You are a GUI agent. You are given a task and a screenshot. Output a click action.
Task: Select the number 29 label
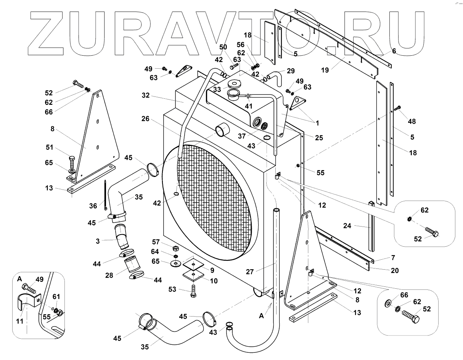(291, 71)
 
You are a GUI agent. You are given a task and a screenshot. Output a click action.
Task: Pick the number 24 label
(347, 225)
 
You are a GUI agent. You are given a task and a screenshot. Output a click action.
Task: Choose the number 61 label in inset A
(56, 296)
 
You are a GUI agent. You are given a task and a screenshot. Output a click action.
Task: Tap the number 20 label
(395, 270)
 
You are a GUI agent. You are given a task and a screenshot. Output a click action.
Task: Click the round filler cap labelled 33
(231, 84)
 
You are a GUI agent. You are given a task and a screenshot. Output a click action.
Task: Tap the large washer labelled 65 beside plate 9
(176, 264)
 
